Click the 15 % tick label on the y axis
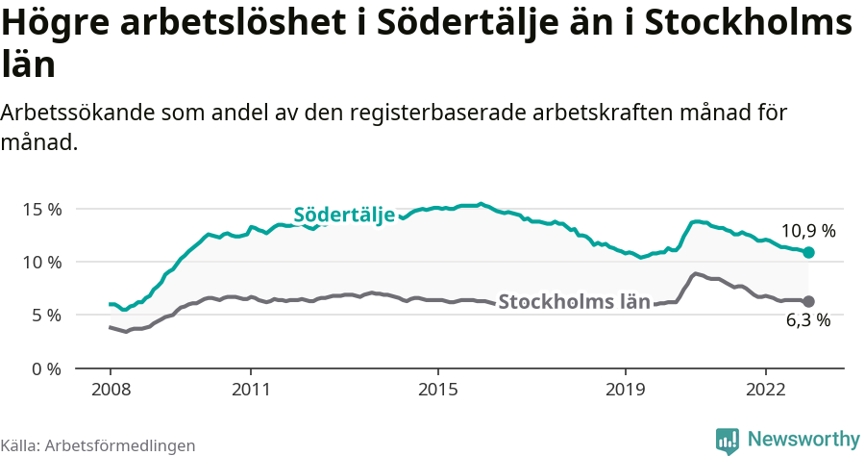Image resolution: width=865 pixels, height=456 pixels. click(x=41, y=209)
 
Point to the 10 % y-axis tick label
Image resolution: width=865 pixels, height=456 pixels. click(x=41, y=262)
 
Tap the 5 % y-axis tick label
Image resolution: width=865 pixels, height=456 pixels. click(x=45, y=315)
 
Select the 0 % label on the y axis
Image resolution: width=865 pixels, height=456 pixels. click(x=45, y=368)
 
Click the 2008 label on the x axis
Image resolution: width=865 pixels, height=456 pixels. click(x=111, y=391)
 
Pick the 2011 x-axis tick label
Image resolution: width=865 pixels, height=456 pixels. click(x=251, y=391)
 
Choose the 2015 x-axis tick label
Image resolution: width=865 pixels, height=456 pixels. click(x=438, y=391)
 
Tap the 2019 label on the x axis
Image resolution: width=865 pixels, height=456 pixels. click(x=626, y=391)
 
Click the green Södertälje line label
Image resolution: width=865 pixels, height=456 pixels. click(x=344, y=215)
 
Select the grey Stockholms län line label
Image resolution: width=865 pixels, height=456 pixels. click(x=574, y=301)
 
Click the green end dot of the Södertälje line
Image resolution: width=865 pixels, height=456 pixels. click(x=809, y=252)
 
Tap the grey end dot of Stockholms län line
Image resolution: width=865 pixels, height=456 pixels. click(x=809, y=301)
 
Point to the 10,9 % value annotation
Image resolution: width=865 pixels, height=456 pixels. click(x=807, y=231)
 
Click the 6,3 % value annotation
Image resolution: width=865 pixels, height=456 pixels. click(x=807, y=321)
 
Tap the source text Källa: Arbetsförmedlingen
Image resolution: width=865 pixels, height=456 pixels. click(x=98, y=445)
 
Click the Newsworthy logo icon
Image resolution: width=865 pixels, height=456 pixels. click(x=728, y=440)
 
